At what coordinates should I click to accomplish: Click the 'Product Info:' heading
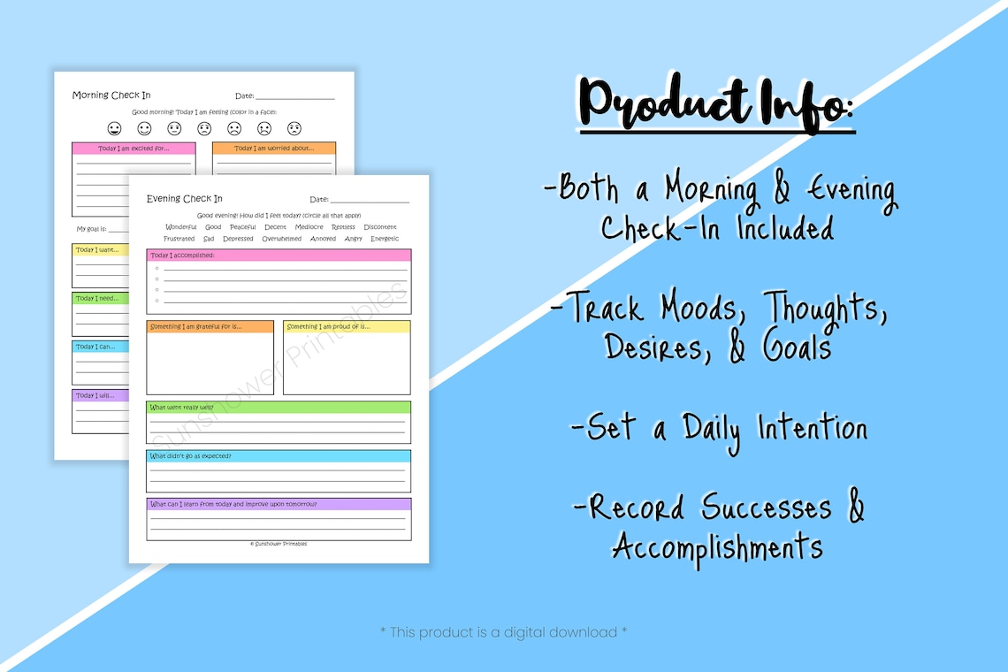(717, 107)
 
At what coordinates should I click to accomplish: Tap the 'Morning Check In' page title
(111, 95)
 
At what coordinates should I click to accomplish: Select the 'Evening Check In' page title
(184, 199)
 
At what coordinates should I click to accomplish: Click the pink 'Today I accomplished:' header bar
(279, 256)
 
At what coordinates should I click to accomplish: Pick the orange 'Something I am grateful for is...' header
(210, 326)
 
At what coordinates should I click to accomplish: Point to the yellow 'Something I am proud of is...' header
(347, 326)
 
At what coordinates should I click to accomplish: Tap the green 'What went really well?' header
(279, 408)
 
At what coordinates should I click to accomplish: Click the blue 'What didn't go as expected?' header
(279, 456)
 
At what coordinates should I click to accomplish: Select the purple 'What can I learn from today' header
(279, 504)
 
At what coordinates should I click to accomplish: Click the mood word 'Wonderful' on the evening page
(181, 227)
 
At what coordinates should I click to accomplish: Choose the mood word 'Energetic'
(385, 239)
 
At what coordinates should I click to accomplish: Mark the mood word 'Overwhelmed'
(281, 239)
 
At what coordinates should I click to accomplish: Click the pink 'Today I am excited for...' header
(134, 149)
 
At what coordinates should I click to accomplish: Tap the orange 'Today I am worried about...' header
(274, 149)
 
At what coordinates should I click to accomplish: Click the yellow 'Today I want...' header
(100, 250)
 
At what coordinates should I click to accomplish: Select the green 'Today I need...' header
(100, 298)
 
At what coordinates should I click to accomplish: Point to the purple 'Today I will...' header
(100, 395)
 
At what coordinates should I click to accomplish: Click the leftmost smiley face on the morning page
(114, 128)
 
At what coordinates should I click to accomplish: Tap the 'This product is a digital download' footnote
(503, 632)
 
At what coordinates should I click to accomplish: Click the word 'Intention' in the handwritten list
(812, 430)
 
